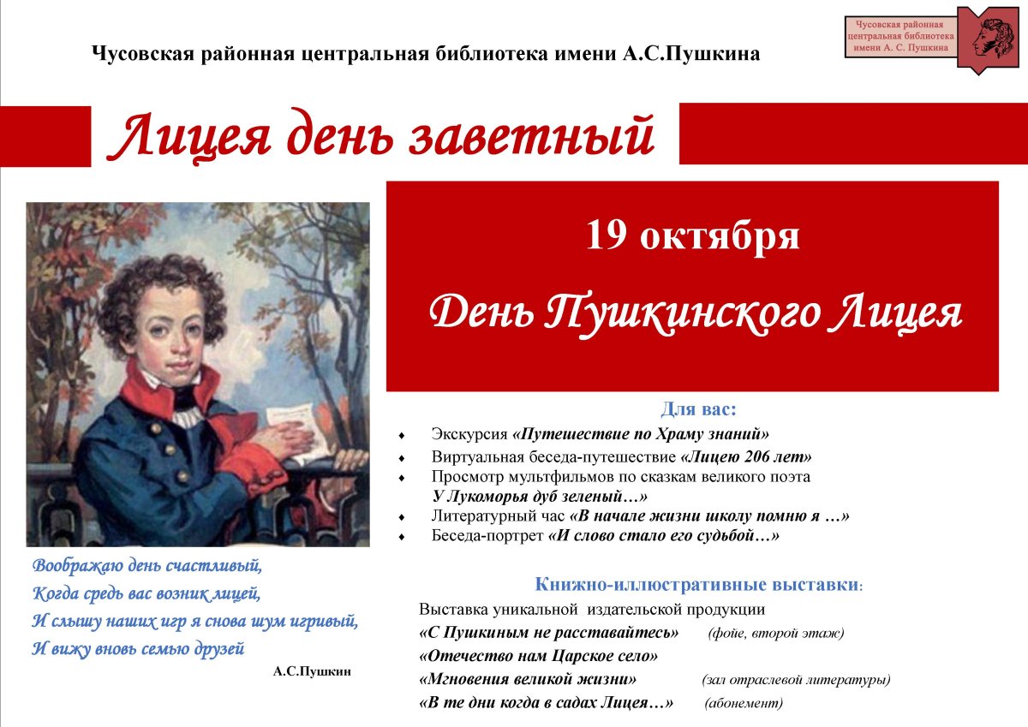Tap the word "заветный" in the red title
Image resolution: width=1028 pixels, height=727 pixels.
[x=531, y=136]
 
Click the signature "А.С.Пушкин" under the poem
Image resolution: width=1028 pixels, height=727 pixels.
[x=312, y=671]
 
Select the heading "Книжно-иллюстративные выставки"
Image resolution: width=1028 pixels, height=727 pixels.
[x=697, y=585]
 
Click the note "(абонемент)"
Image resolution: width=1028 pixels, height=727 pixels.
[x=744, y=703]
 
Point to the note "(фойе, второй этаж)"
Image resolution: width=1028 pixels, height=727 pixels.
[x=776, y=634]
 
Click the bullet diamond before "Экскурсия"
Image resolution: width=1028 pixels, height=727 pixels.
[x=402, y=434]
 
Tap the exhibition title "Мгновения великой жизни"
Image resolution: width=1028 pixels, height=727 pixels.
[x=529, y=680]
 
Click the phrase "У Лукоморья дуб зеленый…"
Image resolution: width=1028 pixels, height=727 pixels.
[x=540, y=497]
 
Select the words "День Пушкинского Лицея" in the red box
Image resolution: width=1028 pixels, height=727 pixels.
[x=695, y=314]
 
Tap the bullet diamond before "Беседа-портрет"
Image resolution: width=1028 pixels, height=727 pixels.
[x=402, y=537]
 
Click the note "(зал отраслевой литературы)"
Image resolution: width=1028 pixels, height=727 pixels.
[x=796, y=680]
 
